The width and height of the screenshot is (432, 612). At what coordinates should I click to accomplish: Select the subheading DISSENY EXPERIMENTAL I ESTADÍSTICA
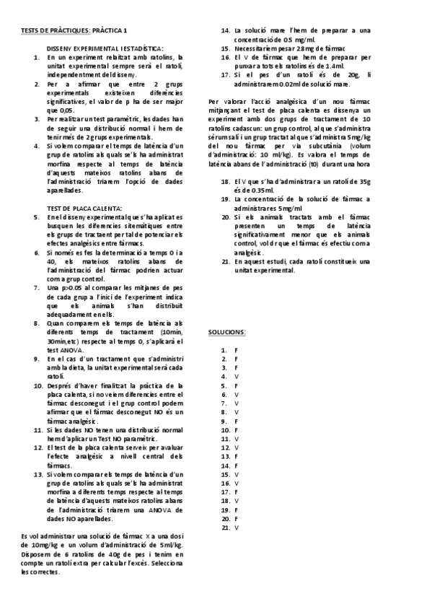pyautogui.click(x=100, y=46)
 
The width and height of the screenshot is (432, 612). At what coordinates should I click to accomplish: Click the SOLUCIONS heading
pyautogui.click(x=226, y=332)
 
